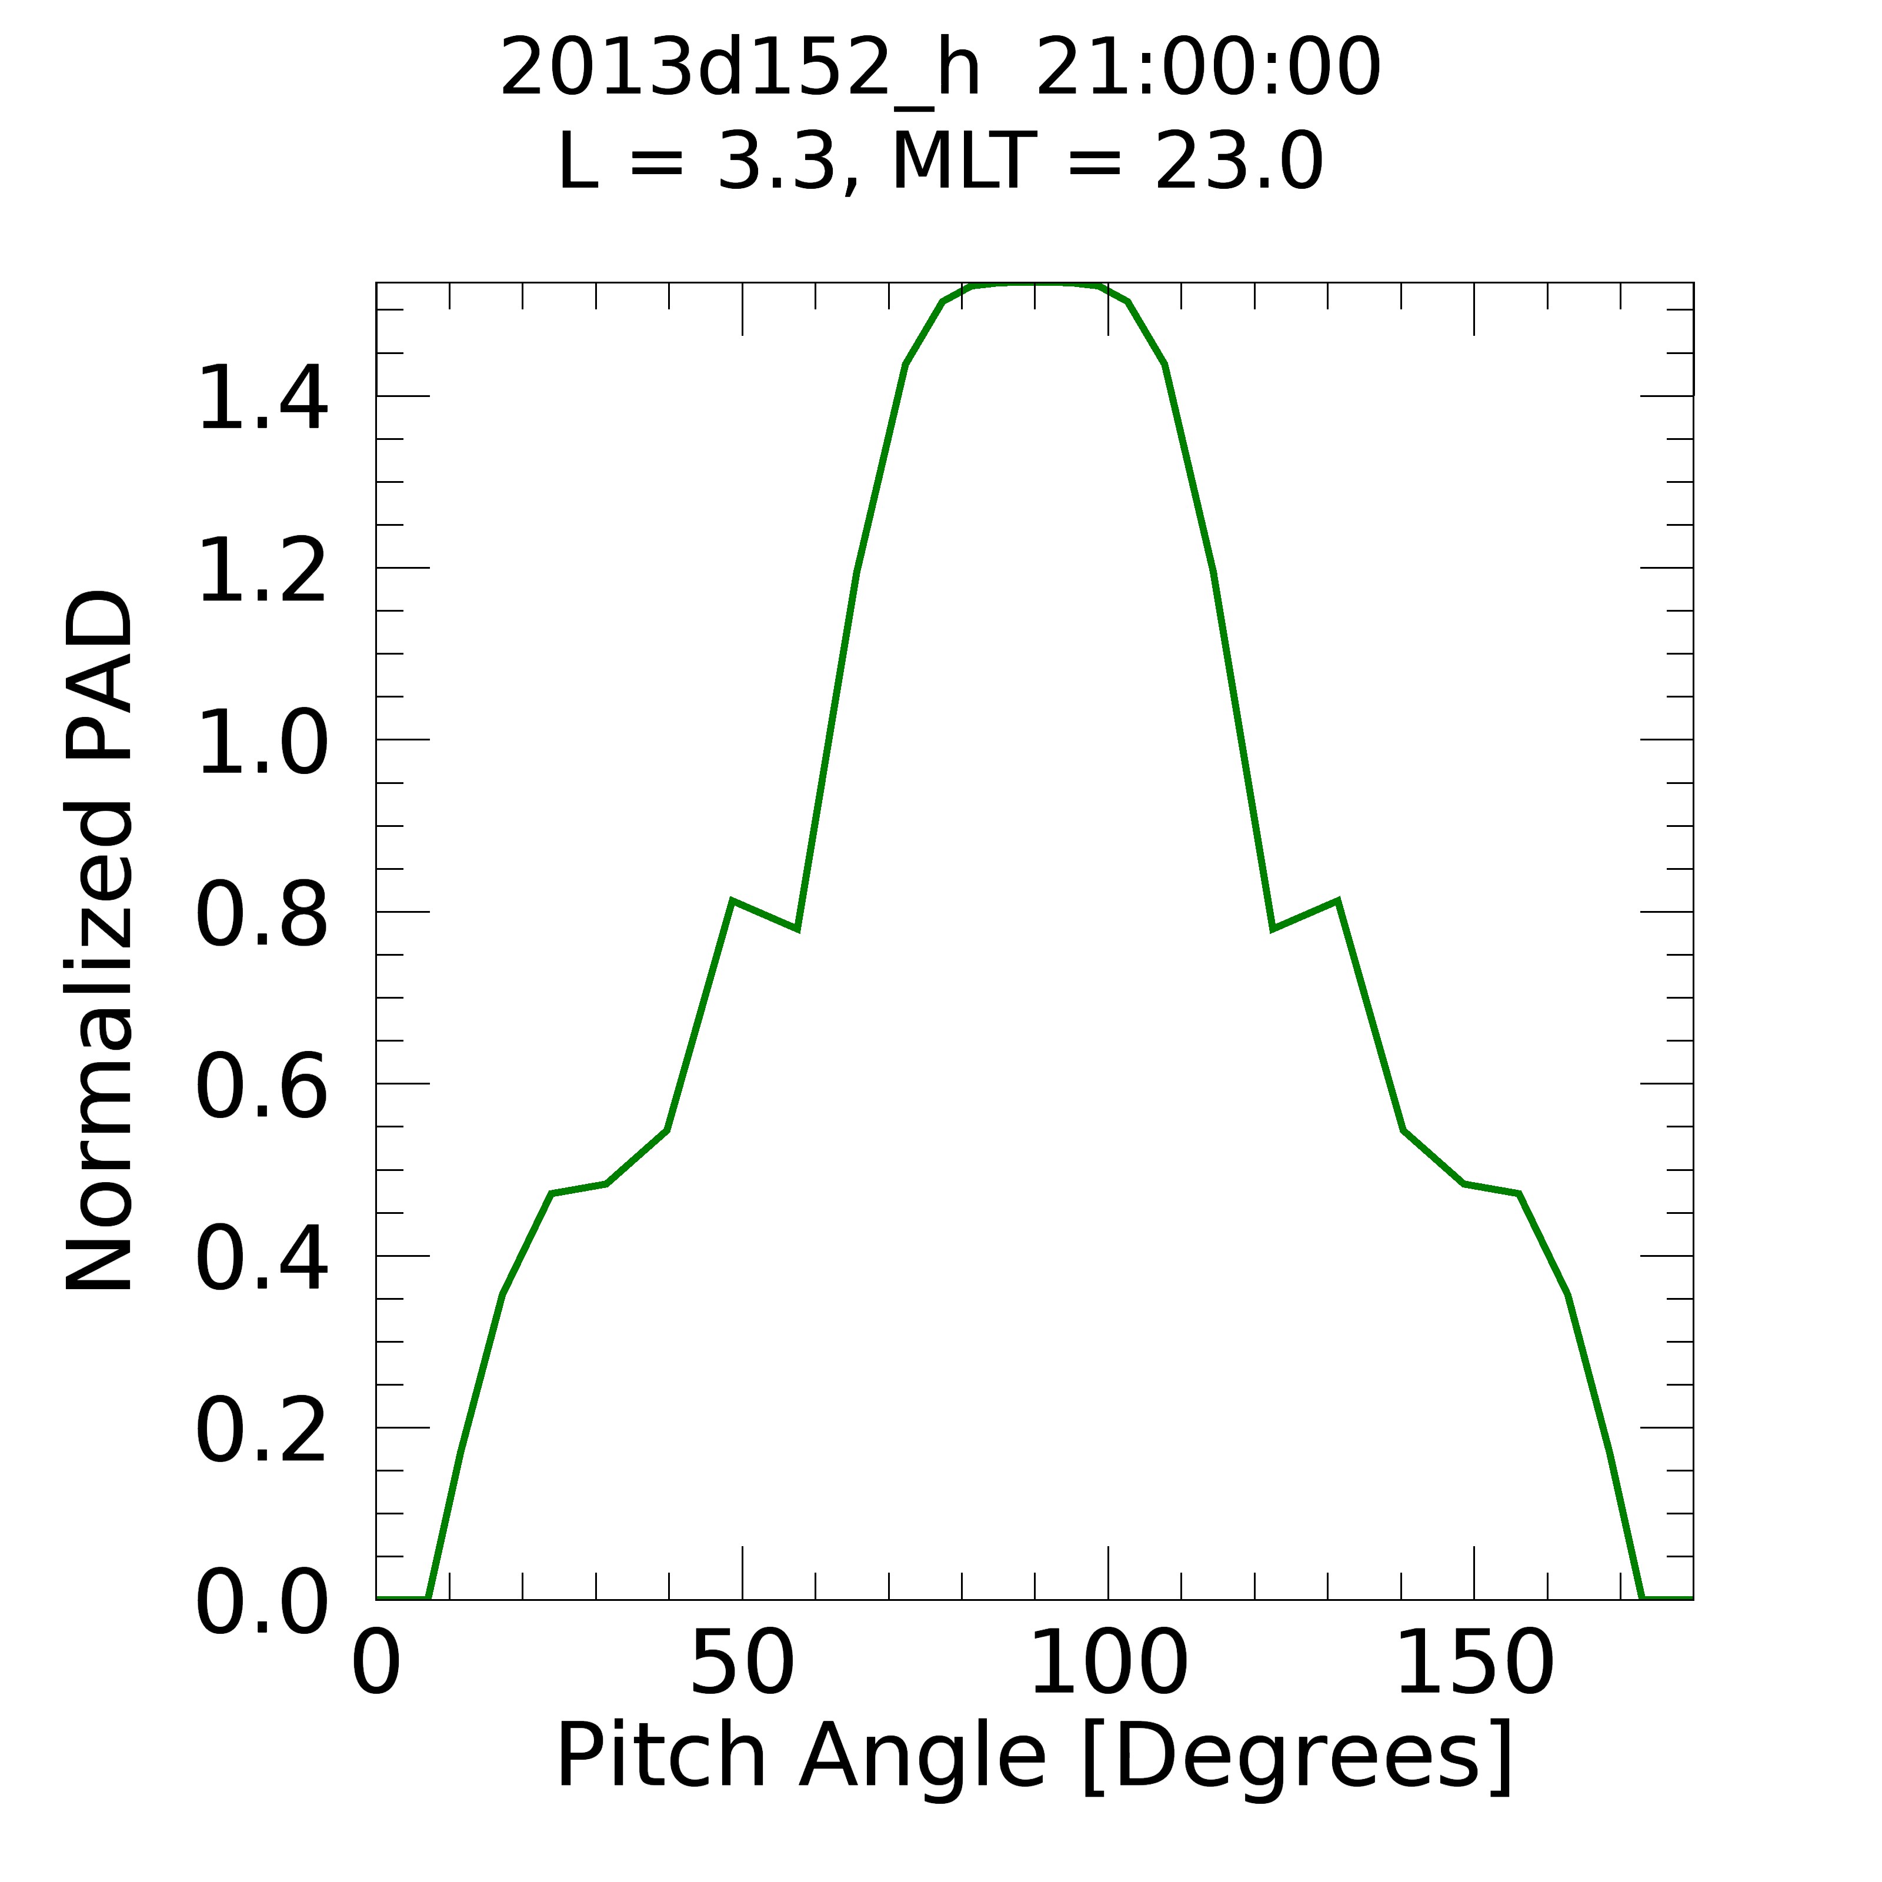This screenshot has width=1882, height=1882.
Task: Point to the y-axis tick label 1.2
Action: point(261,571)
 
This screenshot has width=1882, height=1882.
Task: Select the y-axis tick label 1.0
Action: point(261,743)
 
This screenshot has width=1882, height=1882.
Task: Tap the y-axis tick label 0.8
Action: point(261,916)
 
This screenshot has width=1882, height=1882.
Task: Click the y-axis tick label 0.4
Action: point(261,1260)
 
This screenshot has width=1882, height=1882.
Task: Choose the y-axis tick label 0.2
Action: point(261,1432)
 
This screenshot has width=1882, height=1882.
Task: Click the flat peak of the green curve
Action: point(1035,285)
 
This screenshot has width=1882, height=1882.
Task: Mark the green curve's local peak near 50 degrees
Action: point(733,901)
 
